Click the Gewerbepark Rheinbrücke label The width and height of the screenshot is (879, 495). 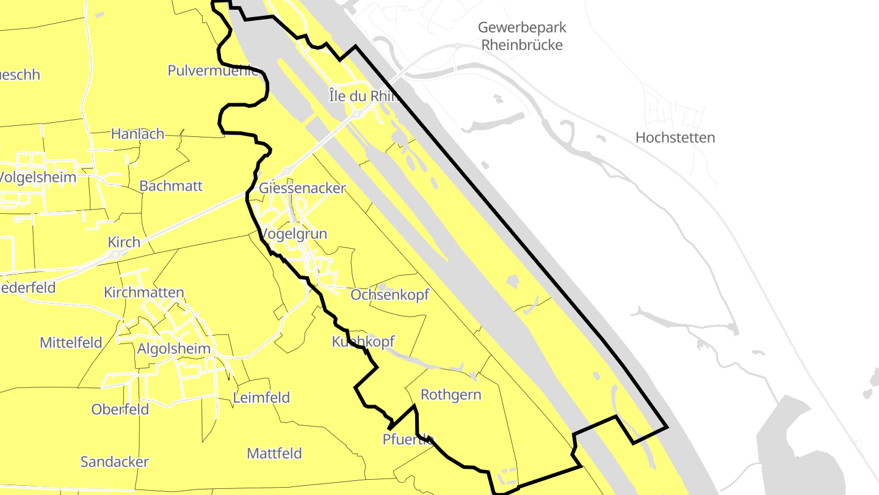pyautogui.click(x=522, y=36)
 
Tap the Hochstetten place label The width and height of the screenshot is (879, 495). pyautogui.click(x=675, y=137)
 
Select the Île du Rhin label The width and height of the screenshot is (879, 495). pyautogui.click(x=363, y=95)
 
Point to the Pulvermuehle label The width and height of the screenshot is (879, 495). pyautogui.click(x=213, y=70)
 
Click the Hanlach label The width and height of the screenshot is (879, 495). pyautogui.click(x=137, y=133)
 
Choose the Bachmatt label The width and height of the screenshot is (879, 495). pyautogui.click(x=171, y=186)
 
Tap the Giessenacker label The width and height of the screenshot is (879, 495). pyautogui.click(x=302, y=188)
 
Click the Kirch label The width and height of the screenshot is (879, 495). pyautogui.click(x=124, y=242)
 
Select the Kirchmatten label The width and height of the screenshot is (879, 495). pyautogui.click(x=144, y=292)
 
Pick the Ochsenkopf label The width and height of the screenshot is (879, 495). pyautogui.click(x=389, y=295)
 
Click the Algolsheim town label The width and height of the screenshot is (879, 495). pyautogui.click(x=174, y=349)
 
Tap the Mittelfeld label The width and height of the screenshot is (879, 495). pyautogui.click(x=71, y=342)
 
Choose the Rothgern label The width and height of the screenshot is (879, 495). pyautogui.click(x=451, y=395)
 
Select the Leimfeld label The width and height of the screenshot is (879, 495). pyautogui.click(x=261, y=398)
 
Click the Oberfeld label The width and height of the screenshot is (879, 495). pyautogui.click(x=120, y=409)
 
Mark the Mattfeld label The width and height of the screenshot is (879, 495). pyautogui.click(x=274, y=453)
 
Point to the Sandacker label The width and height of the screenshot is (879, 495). pyautogui.click(x=115, y=461)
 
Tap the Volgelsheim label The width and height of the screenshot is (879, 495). pyautogui.click(x=38, y=177)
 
